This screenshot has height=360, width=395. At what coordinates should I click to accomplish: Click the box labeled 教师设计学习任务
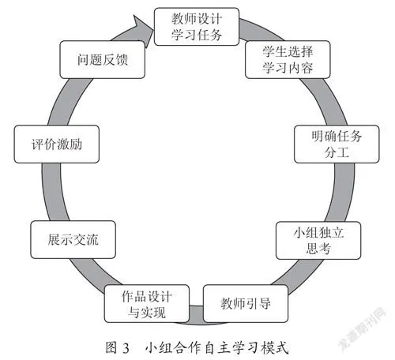click(x=197, y=27)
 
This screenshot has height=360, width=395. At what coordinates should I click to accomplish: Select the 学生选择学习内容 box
click(x=288, y=60)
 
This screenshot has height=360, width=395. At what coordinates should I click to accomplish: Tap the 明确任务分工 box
click(x=337, y=144)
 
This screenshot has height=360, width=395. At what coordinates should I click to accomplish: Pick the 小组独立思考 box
click(x=318, y=241)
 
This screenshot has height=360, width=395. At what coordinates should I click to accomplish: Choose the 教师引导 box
click(x=246, y=303)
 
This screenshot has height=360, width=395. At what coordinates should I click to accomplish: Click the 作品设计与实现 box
click(x=147, y=303)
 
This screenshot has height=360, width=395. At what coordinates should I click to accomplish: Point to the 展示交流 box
click(x=73, y=239)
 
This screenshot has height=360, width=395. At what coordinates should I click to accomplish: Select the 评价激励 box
click(x=57, y=144)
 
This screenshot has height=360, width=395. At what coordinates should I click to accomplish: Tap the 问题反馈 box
click(x=103, y=60)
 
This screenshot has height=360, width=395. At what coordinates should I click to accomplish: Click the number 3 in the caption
click(x=126, y=348)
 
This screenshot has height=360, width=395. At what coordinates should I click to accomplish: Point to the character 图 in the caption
click(x=111, y=347)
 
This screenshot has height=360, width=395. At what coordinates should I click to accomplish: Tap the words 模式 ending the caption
click(x=275, y=347)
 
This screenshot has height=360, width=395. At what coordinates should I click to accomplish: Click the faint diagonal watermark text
click(x=363, y=328)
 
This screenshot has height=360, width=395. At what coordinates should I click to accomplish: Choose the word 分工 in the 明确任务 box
click(x=337, y=152)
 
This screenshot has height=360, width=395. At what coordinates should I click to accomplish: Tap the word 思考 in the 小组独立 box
click(x=318, y=249)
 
